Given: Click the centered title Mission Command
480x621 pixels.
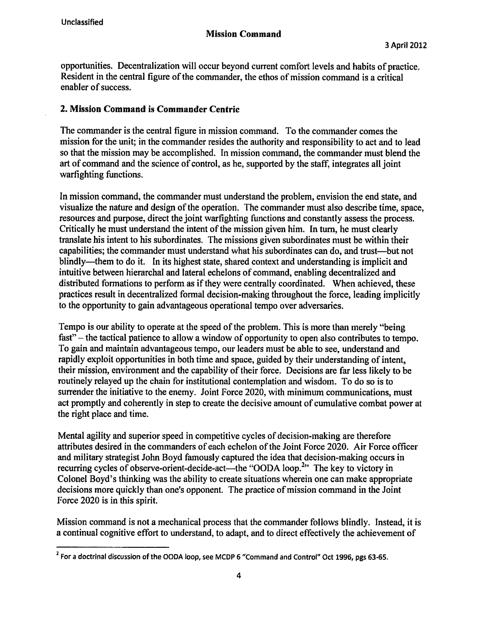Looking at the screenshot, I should [x=244, y=34].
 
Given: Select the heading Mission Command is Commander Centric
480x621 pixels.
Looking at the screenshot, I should [x=150, y=109].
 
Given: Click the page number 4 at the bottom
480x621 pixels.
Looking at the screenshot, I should [x=239, y=575].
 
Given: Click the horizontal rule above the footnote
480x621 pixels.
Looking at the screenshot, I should [x=113, y=547].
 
